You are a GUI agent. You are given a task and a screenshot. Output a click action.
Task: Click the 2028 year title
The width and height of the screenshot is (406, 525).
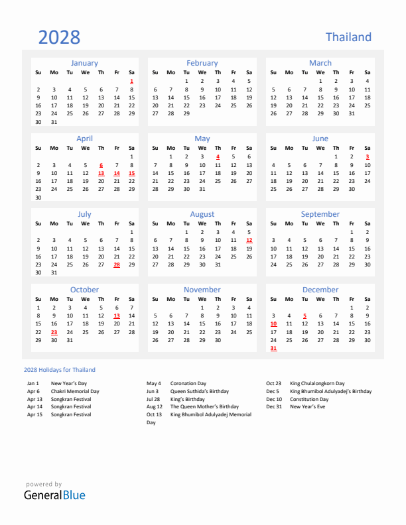[59, 37]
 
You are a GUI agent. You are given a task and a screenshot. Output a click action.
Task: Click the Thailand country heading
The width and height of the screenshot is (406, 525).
[348, 37]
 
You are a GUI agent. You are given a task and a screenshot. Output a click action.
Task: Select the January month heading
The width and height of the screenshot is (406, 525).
[84, 63]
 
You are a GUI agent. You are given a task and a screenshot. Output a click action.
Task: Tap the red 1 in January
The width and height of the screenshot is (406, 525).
[132, 81]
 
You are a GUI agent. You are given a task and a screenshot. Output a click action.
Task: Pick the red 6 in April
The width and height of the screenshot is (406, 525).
[101, 165]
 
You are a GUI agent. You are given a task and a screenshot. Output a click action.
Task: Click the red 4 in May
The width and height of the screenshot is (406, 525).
[218, 156]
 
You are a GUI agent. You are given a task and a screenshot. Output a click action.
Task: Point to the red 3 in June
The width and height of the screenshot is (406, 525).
[368, 156]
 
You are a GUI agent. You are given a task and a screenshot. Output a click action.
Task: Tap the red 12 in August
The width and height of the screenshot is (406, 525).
[249, 240]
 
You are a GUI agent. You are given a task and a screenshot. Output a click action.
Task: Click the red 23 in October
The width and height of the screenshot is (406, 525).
[54, 332]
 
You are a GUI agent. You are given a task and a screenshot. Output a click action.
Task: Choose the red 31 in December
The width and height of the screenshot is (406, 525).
[273, 348]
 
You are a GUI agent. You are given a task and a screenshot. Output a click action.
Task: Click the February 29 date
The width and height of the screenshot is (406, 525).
[186, 113]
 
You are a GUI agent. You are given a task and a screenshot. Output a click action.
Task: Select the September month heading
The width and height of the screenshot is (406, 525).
[320, 214]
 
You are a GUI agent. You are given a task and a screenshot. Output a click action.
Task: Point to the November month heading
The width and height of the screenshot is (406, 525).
[202, 290]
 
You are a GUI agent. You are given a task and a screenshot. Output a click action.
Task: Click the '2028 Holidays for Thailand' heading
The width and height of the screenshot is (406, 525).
[59, 370]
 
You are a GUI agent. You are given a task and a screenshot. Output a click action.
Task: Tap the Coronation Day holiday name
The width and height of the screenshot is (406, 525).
[188, 383]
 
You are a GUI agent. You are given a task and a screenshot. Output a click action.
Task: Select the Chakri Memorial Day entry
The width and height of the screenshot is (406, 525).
[75, 391]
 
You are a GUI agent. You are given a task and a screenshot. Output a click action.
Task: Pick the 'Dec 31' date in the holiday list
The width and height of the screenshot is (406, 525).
[273, 406]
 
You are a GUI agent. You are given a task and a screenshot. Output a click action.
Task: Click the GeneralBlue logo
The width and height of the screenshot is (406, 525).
[54, 495]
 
